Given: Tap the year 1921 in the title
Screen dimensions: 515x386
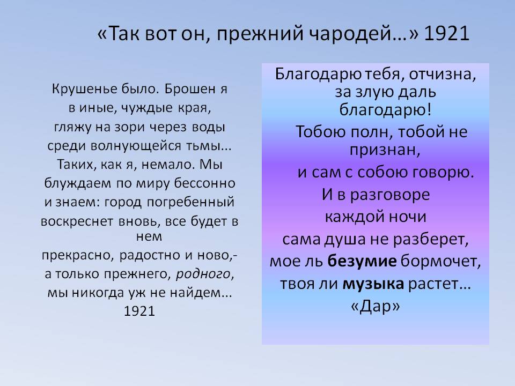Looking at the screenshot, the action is pos(447,33).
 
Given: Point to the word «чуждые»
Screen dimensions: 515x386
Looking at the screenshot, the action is pos(147,108).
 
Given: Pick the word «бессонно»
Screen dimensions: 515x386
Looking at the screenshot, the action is pos(204,183).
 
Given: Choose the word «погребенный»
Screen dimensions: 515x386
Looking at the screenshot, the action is pos(190,203).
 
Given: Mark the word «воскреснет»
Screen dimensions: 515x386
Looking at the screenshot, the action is pos(77,222).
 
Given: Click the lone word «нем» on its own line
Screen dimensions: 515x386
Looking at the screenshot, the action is pos(149,236).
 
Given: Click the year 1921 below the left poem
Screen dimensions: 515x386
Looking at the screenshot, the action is pos(139,311).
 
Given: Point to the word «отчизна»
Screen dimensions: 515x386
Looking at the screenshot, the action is pos(442,75).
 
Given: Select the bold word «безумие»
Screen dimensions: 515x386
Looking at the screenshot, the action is pos(362,261).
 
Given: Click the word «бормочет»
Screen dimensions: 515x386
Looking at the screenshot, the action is pos(440,261).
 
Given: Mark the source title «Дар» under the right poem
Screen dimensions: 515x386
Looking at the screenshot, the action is pos(376,306).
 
